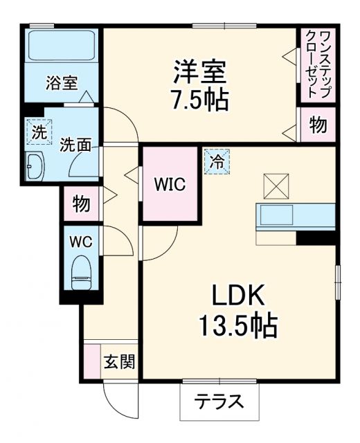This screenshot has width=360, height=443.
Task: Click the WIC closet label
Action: [168, 185]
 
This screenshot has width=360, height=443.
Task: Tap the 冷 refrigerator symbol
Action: [217, 162]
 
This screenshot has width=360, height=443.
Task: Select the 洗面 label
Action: [73, 145]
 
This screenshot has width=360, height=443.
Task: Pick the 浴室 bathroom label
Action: [62, 82]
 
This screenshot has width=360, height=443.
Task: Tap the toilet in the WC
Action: [82, 271]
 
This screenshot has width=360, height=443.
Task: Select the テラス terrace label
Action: [217, 401]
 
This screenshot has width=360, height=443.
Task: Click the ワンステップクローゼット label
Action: [317, 63]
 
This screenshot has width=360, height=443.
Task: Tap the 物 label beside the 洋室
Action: [317, 125]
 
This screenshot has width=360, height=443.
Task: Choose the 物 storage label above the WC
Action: [80, 204]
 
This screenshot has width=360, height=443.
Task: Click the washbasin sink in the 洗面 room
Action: [34, 166]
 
